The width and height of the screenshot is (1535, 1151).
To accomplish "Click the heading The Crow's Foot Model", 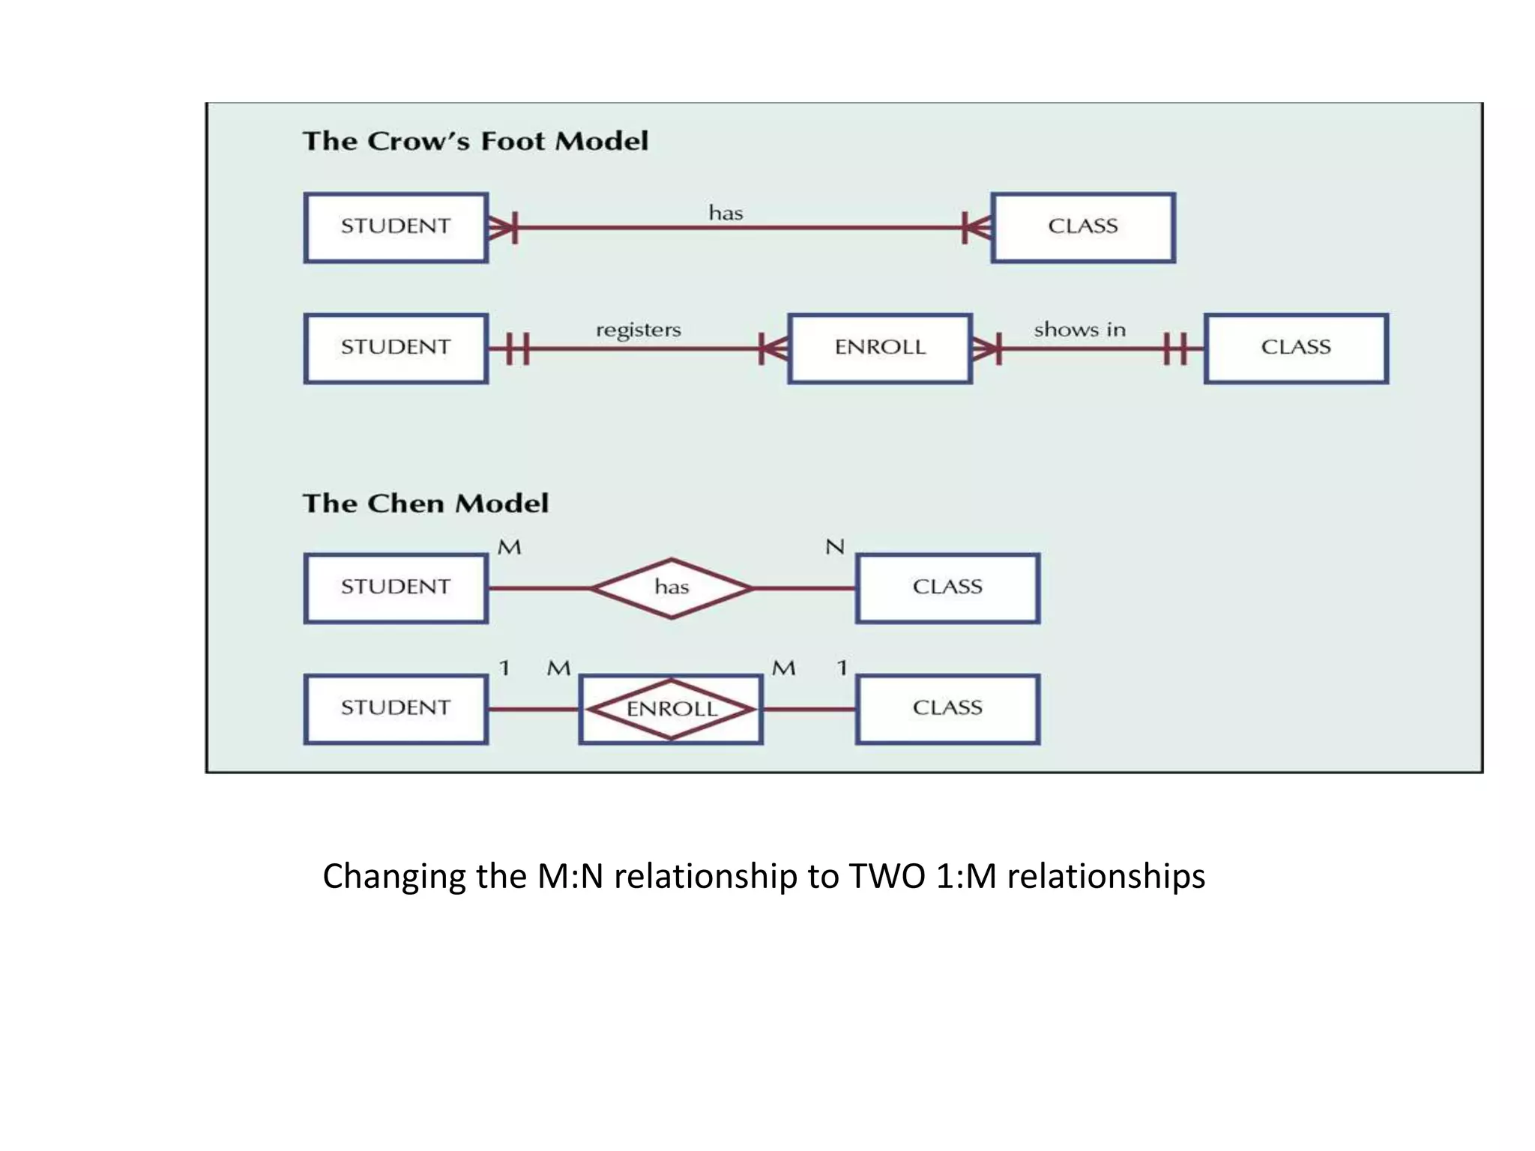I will [x=475, y=141].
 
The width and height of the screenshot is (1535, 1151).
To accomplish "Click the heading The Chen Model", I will [x=425, y=503].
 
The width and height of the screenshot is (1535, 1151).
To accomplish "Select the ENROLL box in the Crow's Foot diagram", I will [x=880, y=348].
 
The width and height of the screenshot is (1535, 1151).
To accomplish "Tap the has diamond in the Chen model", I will [x=672, y=588].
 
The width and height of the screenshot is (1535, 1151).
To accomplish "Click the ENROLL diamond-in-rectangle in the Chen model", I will [x=671, y=709].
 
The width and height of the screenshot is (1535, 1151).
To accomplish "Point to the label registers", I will [x=639, y=330].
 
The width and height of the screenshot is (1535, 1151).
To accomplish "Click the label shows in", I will [x=1079, y=330].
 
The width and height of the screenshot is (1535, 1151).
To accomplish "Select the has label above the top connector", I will [x=726, y=214].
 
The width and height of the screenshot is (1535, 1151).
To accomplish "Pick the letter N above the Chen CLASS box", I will [x=834, y=547].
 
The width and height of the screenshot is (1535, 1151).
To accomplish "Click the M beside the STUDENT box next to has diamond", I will [x=509, y=548].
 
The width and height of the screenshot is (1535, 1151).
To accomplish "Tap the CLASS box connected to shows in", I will [x=1296, y=348].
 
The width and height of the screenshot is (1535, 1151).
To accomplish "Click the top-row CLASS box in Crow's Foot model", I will [x=1082, y=227].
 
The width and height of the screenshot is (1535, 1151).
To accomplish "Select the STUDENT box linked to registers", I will [x=396, y=348].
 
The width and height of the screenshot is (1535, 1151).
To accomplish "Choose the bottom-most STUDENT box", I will [x=396, y=709].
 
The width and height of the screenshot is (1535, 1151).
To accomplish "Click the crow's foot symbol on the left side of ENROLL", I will [x=772, y=348].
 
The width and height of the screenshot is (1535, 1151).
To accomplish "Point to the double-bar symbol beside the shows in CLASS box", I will [x=1175, y=348].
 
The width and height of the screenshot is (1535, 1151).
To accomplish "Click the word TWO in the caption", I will [x=887, y=876].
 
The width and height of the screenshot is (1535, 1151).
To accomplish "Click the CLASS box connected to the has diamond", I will [x=947, y=588].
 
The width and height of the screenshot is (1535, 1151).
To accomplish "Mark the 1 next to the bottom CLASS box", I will [x=842, y=668].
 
